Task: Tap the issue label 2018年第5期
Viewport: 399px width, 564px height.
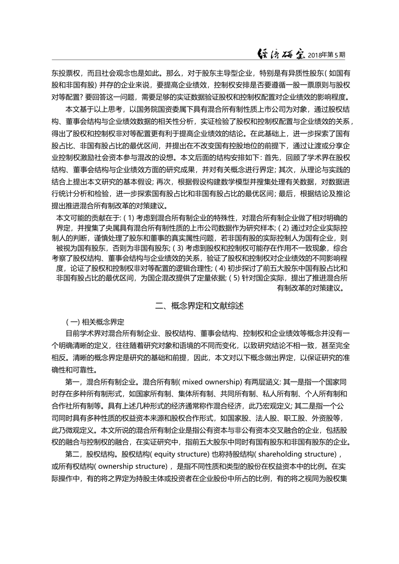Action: point(326,55)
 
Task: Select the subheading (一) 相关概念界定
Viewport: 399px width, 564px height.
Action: point(95,322)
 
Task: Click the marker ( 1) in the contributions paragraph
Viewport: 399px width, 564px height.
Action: point(128,218)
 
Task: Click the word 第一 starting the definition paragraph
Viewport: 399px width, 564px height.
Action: point(72,382)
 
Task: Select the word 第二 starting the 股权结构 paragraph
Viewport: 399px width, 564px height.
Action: point(72,454)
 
